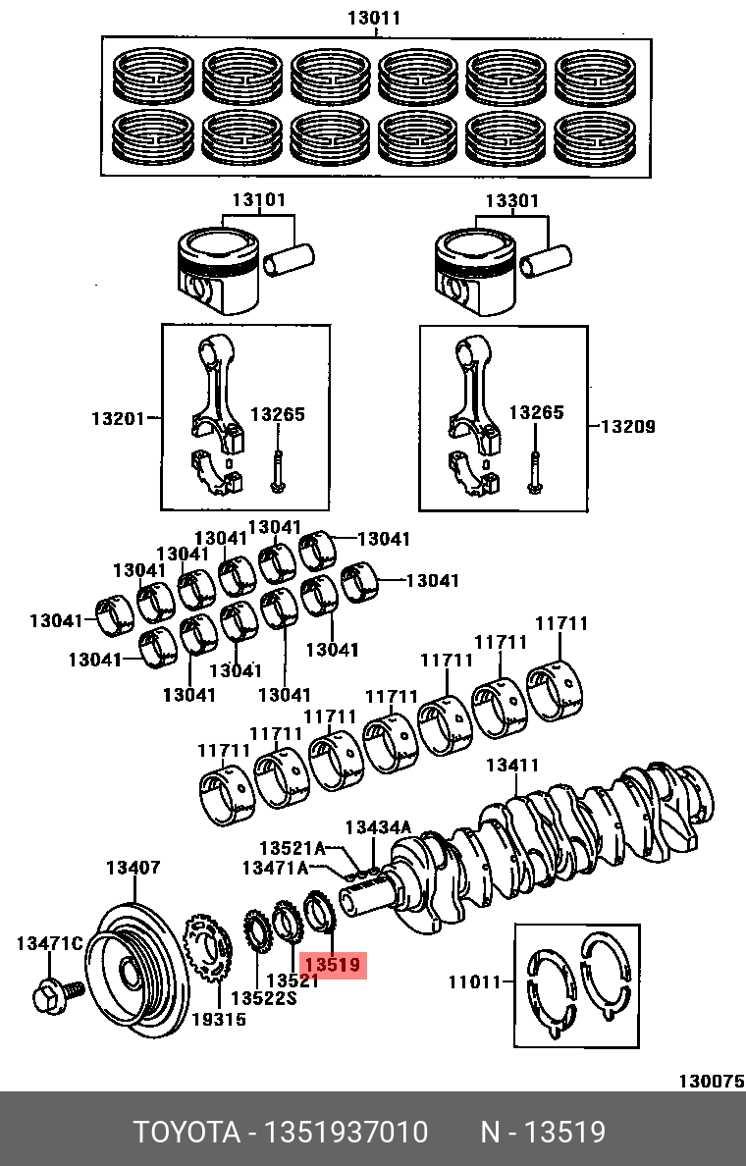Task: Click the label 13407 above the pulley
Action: [133, 868]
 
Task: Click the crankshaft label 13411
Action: [512, 765]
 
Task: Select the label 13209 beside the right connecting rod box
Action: [628, 427]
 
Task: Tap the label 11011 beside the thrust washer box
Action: [475, 980]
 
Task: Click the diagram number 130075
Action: [711, 1081]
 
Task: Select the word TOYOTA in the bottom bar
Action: [187, 1133]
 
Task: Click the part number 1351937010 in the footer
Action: [345, 1133]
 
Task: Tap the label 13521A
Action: [292, 847]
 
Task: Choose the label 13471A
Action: [276, 868]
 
